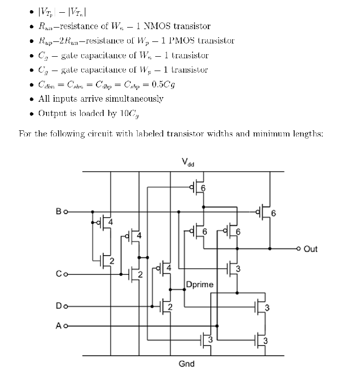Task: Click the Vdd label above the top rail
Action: coord(187,163)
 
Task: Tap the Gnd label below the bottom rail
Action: coord(186,363)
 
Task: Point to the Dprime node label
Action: coord(200,284)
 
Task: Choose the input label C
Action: coord(59,274)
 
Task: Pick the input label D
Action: coord(59,307)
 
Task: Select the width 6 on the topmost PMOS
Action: coord(203,188)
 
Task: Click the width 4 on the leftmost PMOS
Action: coord(109,221)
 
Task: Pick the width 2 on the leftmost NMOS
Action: coord(111,262)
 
